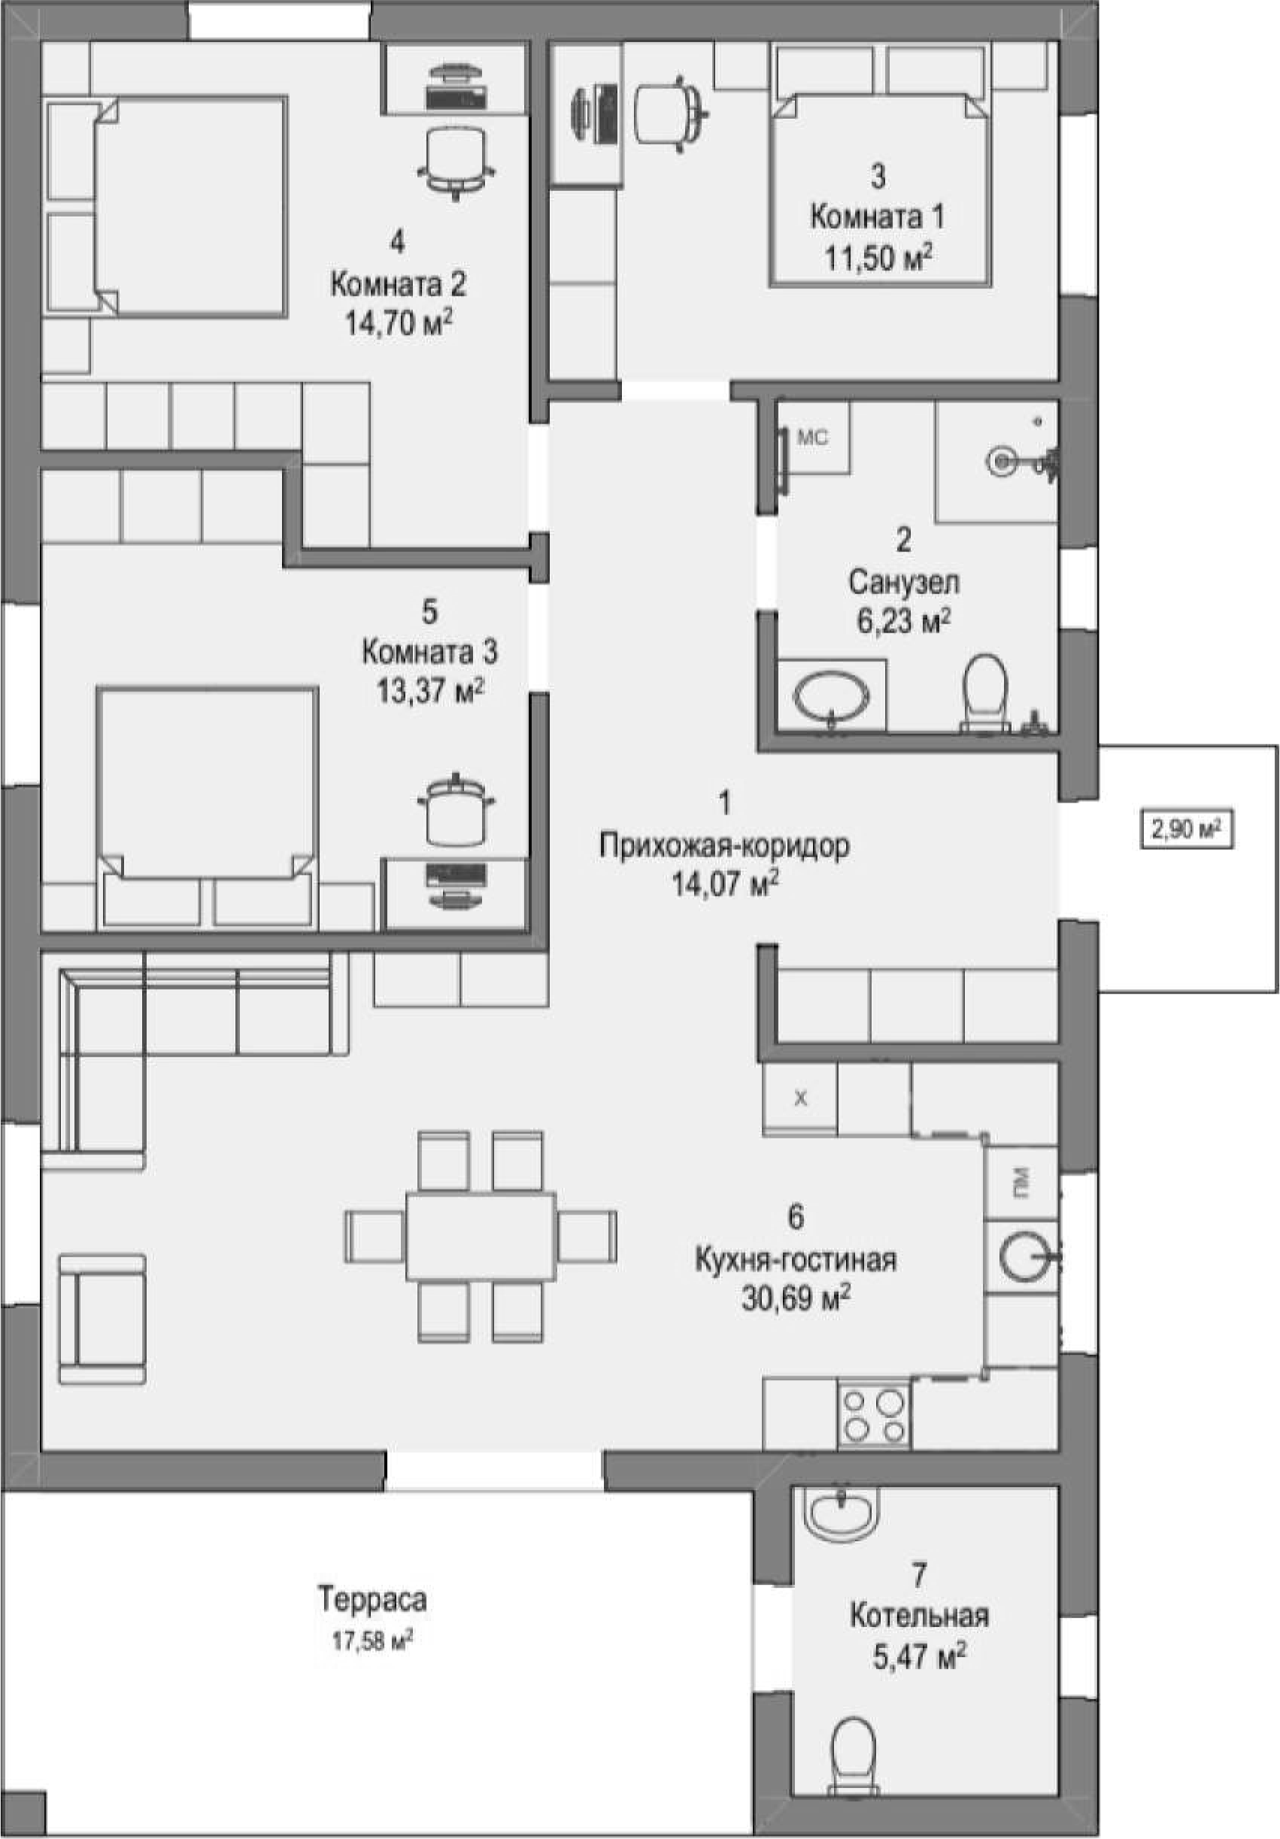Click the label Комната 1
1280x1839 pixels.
877,217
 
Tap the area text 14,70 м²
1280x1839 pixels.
398,323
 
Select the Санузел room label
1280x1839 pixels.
903,582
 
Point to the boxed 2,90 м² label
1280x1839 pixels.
1186,830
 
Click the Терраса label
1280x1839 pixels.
372,1600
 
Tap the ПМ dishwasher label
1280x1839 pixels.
1021,1180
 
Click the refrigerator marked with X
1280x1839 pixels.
799,1098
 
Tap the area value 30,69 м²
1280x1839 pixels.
796,1299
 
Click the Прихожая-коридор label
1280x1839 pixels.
724,846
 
